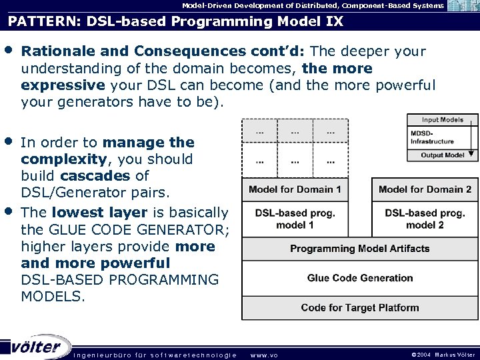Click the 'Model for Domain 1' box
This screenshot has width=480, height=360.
[295, 189]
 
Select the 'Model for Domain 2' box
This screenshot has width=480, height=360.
[425, 189]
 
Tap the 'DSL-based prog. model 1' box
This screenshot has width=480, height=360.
[295, 219]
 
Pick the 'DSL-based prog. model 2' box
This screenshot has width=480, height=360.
[425, 219]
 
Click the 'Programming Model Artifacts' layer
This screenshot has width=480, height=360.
[359, 249]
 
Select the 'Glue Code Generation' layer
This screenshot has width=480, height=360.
[359, 278]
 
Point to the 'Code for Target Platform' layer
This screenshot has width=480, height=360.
[359, 308]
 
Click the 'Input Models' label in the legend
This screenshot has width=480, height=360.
[443, 120]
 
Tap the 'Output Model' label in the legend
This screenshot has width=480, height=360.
[443, 155]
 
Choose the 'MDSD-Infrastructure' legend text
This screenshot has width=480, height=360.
[432, 137]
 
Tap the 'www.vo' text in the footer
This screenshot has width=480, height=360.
[264, 355]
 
